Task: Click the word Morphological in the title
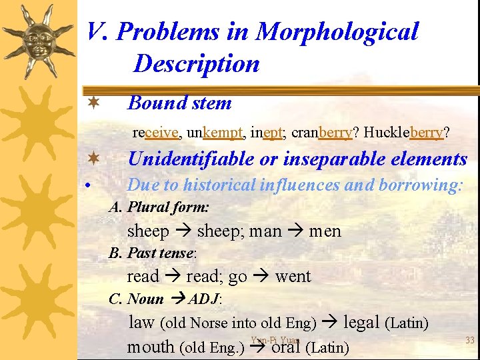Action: [337, 31]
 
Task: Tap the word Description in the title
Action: [196, 64]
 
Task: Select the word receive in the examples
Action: [155, 132]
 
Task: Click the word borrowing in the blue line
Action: [419, 185]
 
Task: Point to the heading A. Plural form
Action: [159, 207]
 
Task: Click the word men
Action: [325, 231]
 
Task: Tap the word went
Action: [293, 276]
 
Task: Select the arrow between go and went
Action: [261, 276]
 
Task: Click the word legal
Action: [361, 323]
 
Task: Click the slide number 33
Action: [469, 341]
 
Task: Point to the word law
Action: [141, 323]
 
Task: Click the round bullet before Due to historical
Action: [89, 186]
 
